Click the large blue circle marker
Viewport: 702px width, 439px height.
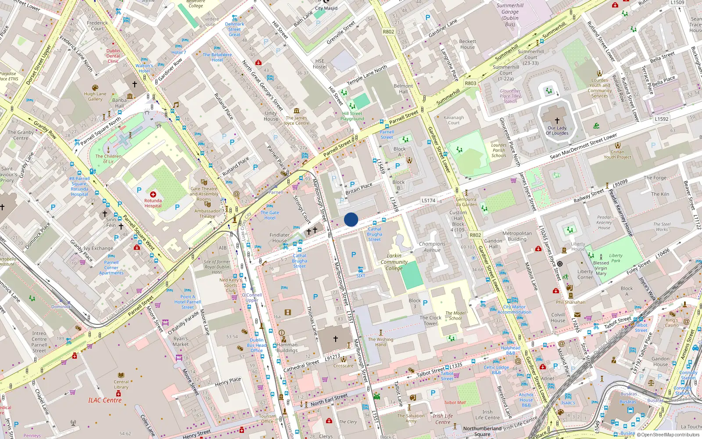point(351,219)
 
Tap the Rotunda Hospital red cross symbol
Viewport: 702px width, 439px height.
point(153,194)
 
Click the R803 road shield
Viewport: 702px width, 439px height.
point(470,83)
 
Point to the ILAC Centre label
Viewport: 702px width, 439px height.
point(105,400)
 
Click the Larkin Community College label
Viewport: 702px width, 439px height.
point(394,262)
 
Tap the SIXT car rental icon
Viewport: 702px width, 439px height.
point(360,270)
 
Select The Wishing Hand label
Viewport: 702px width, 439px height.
point(380,342)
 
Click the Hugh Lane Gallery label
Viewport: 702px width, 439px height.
point(95,96)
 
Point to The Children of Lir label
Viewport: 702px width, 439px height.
point(108,158)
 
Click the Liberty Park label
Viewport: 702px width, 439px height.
point(616,258)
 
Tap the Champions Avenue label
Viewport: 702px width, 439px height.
point(432,247)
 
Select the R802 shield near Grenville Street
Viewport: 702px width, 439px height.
point(388,32)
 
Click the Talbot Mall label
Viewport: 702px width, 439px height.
point(455,402)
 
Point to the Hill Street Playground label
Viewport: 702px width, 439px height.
point(352,116)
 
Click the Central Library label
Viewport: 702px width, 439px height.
point(121,384)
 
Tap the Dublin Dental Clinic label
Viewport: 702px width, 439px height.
point(113,56)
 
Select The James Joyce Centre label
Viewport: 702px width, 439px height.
point(297,120)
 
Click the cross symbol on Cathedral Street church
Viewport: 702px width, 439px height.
point(336,338)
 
